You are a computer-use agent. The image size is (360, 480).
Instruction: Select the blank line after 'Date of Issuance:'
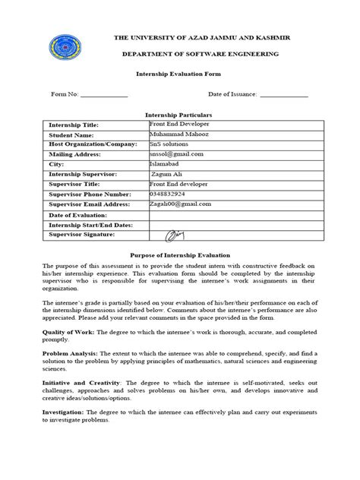click(285, 95)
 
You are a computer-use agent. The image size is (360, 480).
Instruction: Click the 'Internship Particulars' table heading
click(179, 113)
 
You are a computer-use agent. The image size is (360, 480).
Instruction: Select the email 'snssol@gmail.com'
click(176, 153)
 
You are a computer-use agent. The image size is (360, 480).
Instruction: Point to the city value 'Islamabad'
click(166, 163)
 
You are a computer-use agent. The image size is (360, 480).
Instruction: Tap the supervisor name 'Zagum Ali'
click(168, 174)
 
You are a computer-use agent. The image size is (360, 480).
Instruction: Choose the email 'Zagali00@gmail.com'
click(180, 204)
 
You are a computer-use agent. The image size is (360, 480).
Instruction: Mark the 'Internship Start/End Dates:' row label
click(90, 226)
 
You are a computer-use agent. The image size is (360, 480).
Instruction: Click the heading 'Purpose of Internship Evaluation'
click(180, 255)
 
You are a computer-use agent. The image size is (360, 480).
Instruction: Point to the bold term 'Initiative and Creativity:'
click(82, 404)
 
